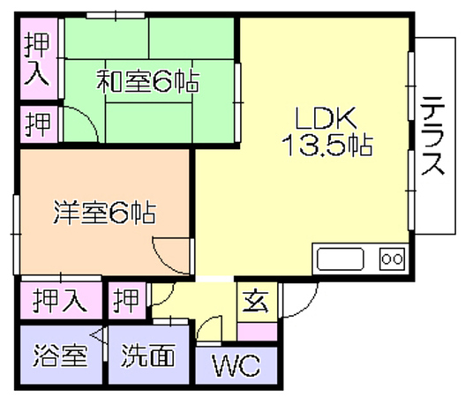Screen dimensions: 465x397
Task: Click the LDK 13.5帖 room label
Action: pos(327,131)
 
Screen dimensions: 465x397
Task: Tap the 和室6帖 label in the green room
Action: pos(147,81)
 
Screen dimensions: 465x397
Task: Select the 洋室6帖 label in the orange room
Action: pos(105,213)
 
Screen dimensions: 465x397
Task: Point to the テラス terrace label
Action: pos(433,136)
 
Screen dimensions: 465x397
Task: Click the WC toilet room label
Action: pos(236,365)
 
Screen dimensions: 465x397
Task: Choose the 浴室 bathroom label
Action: pos(60,356)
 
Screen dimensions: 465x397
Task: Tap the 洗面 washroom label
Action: pos(147,355)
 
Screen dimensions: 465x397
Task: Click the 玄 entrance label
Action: pos(256,302)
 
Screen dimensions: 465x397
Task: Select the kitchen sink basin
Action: pos(341,258)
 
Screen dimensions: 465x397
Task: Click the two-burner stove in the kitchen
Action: pos(392,258)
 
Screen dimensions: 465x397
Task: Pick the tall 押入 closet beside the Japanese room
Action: pos(39,59)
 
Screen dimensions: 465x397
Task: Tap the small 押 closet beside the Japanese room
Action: pos(39,124)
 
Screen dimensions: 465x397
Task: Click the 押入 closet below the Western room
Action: pos(61,300)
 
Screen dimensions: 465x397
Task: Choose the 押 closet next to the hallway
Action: pos(127,300)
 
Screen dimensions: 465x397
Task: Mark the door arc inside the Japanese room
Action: pos(89,116)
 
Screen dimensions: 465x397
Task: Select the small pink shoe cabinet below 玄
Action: pos(258,332)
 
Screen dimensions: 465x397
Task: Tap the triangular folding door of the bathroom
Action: pos(100,336)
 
